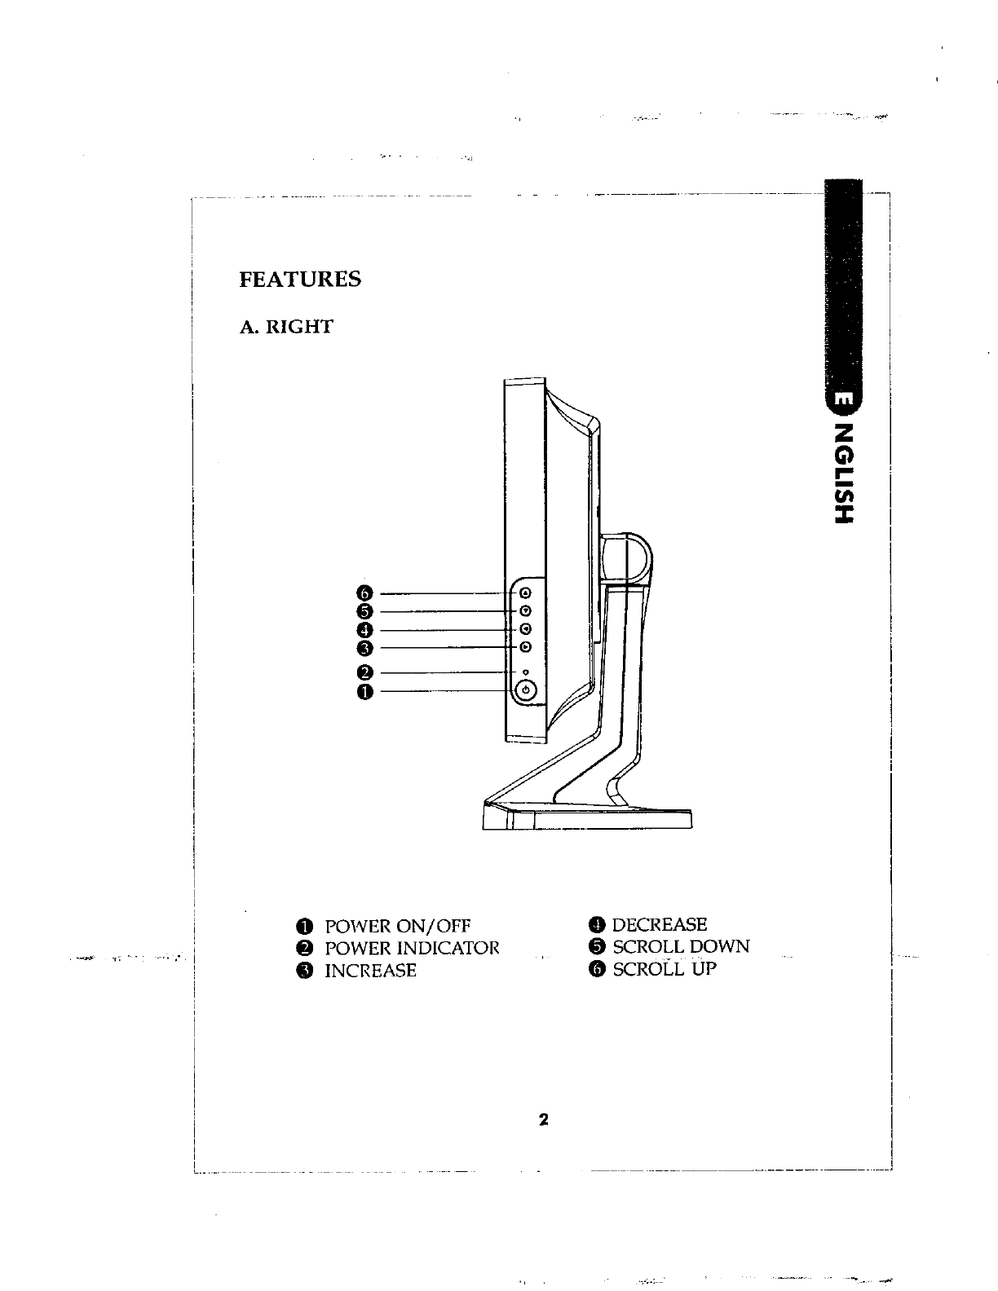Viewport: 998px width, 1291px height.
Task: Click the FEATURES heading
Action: [300, 280]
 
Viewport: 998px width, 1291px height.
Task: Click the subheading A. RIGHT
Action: [286, 328]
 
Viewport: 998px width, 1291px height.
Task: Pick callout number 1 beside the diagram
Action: [364, 692]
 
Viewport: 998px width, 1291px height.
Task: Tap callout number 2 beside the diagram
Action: [364, 673]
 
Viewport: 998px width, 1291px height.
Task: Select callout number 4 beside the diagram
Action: [364, 630]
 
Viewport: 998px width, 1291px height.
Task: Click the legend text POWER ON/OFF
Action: [398, 927]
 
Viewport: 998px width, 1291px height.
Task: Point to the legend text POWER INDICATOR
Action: [412, 949]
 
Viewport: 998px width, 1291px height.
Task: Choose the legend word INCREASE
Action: [370, 971]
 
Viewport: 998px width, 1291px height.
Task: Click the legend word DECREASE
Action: [660, 924]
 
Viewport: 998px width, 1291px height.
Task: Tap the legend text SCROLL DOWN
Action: [681, 947]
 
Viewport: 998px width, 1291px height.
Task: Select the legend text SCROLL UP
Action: [665, 969]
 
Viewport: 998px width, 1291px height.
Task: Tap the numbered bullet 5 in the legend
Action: [598, 947]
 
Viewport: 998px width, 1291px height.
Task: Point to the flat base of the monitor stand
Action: [587, 817]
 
